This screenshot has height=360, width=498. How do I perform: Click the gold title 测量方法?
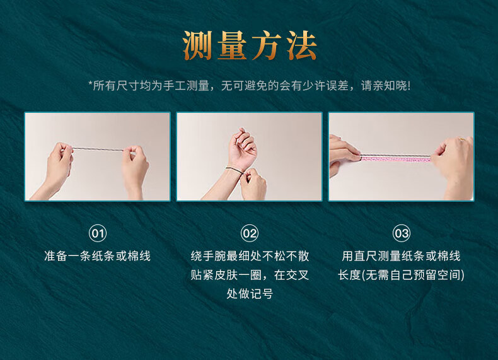pyautogui.click(x=250, y=45)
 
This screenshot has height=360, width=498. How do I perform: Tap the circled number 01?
pyautogui.click(x=98, y=233)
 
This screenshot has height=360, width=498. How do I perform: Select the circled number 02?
pyautogui.click(x=250, y=233)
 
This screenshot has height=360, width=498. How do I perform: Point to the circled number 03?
pyautogui.click(x=402, y=233)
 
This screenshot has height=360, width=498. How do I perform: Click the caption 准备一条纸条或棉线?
pyautogui.click(x=97, y=256)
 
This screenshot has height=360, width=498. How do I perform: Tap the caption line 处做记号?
pyautogui.click(x=250, y=294)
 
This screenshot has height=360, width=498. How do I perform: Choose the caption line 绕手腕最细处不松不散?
pyautogui.click(x=250, y=256)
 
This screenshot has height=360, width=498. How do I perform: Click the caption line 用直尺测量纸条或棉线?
pyautogui.click(x=401, y=256)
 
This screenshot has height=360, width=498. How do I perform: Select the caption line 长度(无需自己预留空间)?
pyautogui.click(x=401, y=275)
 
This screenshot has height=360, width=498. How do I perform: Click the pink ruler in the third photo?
pyautogui.click(x=396, y=158)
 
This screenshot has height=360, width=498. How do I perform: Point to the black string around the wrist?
pyautogui.click(x=235, y=170)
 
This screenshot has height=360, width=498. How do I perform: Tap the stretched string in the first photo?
pyautogui.click(x=98, y=149)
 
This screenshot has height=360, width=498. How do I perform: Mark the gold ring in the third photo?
pyautogui.click(x=461, y=139)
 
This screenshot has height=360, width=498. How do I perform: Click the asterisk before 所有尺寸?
pyautogui.click(x=90, y=84)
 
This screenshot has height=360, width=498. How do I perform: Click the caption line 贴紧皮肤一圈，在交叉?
pyautogui.click(x=250, y=275)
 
